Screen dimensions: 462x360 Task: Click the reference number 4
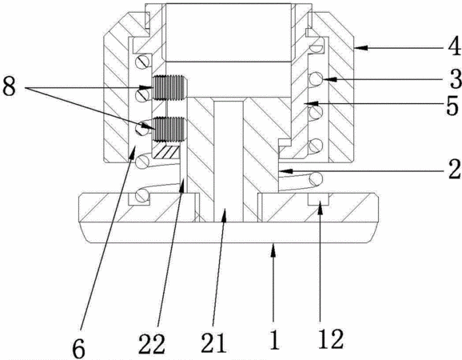tap(454, 47)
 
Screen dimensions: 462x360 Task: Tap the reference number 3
tap(456, 79)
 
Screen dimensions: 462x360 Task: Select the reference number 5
tap(452, 106)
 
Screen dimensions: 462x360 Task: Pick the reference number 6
tap(79, 347)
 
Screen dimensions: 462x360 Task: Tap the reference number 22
tap(152, 344)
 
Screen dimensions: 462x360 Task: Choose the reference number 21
tap(214, 343)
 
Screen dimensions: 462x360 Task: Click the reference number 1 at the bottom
tap(275, 340)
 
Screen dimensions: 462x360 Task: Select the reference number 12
tap(331, 339)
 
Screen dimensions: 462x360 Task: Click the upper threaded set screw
tap(169, 83)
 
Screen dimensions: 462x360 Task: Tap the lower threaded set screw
tap(169, 129)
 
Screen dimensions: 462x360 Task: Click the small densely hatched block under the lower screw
tap(166, 150)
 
